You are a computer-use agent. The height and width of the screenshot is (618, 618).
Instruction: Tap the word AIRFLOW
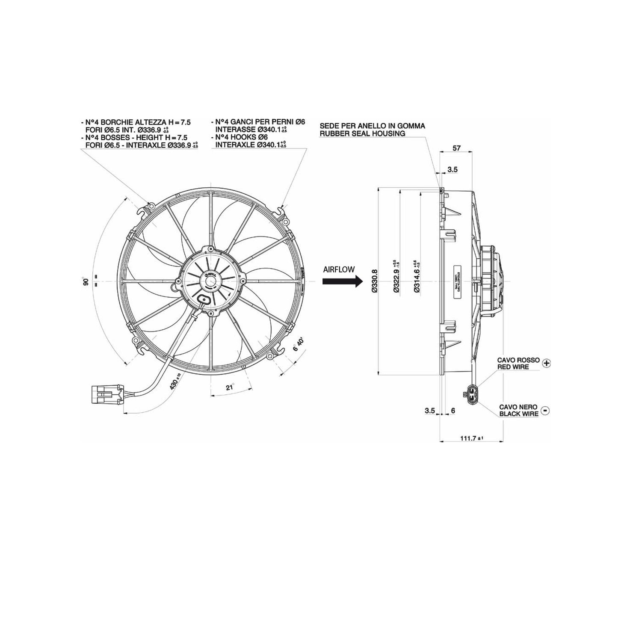point(339,269)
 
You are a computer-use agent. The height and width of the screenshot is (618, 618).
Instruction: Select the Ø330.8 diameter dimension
point(375,281)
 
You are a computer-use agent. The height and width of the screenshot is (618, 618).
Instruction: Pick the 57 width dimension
point(456,148)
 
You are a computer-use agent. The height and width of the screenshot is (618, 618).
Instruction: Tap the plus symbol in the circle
point(546,363)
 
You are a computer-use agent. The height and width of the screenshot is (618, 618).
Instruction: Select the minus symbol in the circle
point(545,411)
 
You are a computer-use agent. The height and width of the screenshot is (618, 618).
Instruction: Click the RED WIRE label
point(513,367)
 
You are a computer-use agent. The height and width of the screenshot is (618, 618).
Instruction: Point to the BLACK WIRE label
point(519,414)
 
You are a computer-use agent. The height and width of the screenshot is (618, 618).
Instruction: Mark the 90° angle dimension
point(86,282)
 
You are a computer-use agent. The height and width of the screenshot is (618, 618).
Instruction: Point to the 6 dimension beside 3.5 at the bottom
point(453,411)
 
